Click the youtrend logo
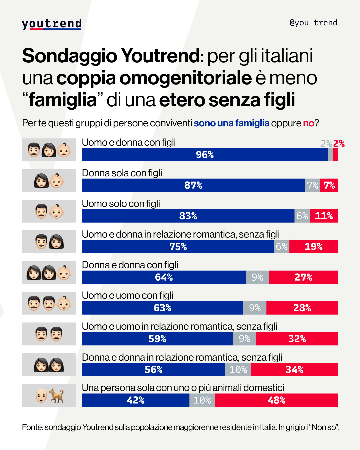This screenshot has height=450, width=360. click(52, 24)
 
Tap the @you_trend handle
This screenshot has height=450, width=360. click(313, 23)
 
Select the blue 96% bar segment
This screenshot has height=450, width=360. click(205, 155)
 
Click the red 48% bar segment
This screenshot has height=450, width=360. click(276, 400)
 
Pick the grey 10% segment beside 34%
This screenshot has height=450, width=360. click(238, 369)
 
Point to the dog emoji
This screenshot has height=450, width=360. click(57, 396)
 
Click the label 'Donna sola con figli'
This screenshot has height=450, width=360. click(122, 173)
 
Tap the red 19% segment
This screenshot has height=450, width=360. click(313, 247)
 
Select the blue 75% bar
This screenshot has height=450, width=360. click(178, 247)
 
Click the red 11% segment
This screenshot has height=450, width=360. click(324, 216)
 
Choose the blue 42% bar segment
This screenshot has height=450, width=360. click(136, 400)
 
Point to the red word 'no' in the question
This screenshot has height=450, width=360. click(308, 123)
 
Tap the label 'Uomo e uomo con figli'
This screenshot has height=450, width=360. click(128, 295)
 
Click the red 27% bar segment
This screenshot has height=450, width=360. click(303, 277)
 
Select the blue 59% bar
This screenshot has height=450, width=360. click(157, 339)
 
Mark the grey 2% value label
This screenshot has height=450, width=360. click(326, 144)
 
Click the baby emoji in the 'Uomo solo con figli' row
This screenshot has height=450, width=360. click(56, 211)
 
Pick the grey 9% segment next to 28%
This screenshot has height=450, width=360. click(255, 308)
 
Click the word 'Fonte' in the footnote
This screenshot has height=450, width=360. click(32, 427)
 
